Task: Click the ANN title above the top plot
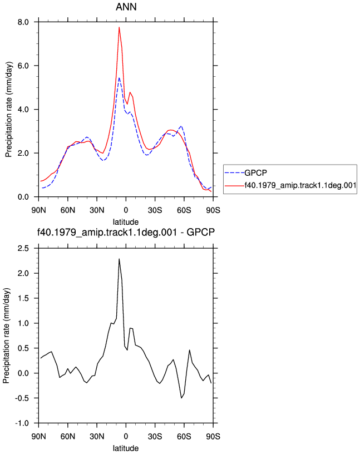coord(126,7)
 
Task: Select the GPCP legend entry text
coord(256,173)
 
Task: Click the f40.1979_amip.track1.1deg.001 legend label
coord(300,185)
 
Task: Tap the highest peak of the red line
coord(119,27)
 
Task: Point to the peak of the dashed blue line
coord(119,77)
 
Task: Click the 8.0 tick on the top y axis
coord(23,22)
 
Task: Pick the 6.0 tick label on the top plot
coord(23,66)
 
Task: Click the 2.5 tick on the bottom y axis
coord(23,249)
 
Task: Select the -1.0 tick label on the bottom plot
coord(22,423)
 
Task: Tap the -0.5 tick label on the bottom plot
coord(22,398)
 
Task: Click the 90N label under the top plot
coord(38,210)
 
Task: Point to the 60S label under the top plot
coord(184,210)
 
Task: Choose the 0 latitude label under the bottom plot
coord(126,436)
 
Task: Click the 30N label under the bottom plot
coord(97,436)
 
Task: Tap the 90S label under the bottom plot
coord(213,436)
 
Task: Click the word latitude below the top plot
coord(126,222)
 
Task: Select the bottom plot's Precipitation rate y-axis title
coord(7,336)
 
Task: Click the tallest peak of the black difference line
coord(119,259)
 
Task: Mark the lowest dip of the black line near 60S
coord(181,398)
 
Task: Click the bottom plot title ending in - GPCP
coord(126,232)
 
